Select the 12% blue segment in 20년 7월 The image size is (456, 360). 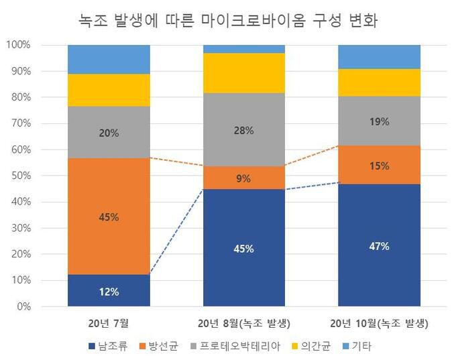pyautogui.click(x=109, y=291)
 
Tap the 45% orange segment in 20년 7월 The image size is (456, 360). pyautogui.click(x=109, y=217)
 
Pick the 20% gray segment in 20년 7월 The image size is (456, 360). pyautogui.click(x=109, y=132)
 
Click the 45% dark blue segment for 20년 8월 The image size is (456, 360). pyautogui.click(x=243, y=248)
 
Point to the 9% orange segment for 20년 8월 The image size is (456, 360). pyautogui.click(x=243, y=178)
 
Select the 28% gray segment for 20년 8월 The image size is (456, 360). pyautogui.click(x=243, y=130)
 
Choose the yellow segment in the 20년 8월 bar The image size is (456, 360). pyautogui.click(x=243, y=72)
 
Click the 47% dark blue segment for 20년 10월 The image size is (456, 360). pyautogui.click(x=379, y=245)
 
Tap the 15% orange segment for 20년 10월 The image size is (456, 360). pyautogui.click(x=379, y=165)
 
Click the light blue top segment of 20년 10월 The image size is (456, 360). pyautogui.click(x=379, y=56)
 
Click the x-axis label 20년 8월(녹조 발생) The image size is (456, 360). pyautogui.click(x=243, y=323)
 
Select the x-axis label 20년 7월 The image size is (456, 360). pyautogui.click(x=109, y=323)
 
